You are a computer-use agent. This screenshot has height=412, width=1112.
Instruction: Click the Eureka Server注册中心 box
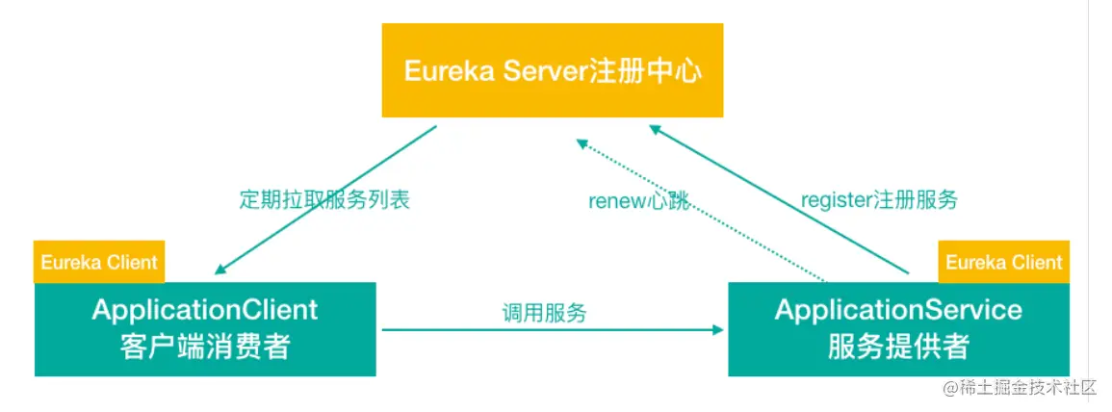point(552,70)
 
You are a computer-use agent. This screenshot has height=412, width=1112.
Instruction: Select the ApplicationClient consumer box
point(205,328)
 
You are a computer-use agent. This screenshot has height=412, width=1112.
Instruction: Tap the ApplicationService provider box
point(897,328)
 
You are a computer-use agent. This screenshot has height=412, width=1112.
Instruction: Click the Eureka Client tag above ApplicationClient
point(98,262)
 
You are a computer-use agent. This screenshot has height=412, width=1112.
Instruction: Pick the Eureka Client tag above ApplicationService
point(1003,262)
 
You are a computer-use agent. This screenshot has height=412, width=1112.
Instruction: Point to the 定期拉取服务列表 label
point(324,200)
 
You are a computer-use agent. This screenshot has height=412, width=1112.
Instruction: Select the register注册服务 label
point(879,200)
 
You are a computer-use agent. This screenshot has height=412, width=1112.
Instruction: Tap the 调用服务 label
point(544,312)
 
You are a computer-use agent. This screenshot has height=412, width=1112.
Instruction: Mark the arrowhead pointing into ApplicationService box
point(718,330)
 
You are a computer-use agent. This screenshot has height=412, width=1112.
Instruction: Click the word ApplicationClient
point(205,310)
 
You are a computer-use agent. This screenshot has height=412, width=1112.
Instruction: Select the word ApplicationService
point(897,310)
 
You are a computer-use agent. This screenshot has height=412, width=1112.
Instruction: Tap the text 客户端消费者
point(205,347)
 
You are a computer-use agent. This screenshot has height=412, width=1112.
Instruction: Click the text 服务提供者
point(897,347)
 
